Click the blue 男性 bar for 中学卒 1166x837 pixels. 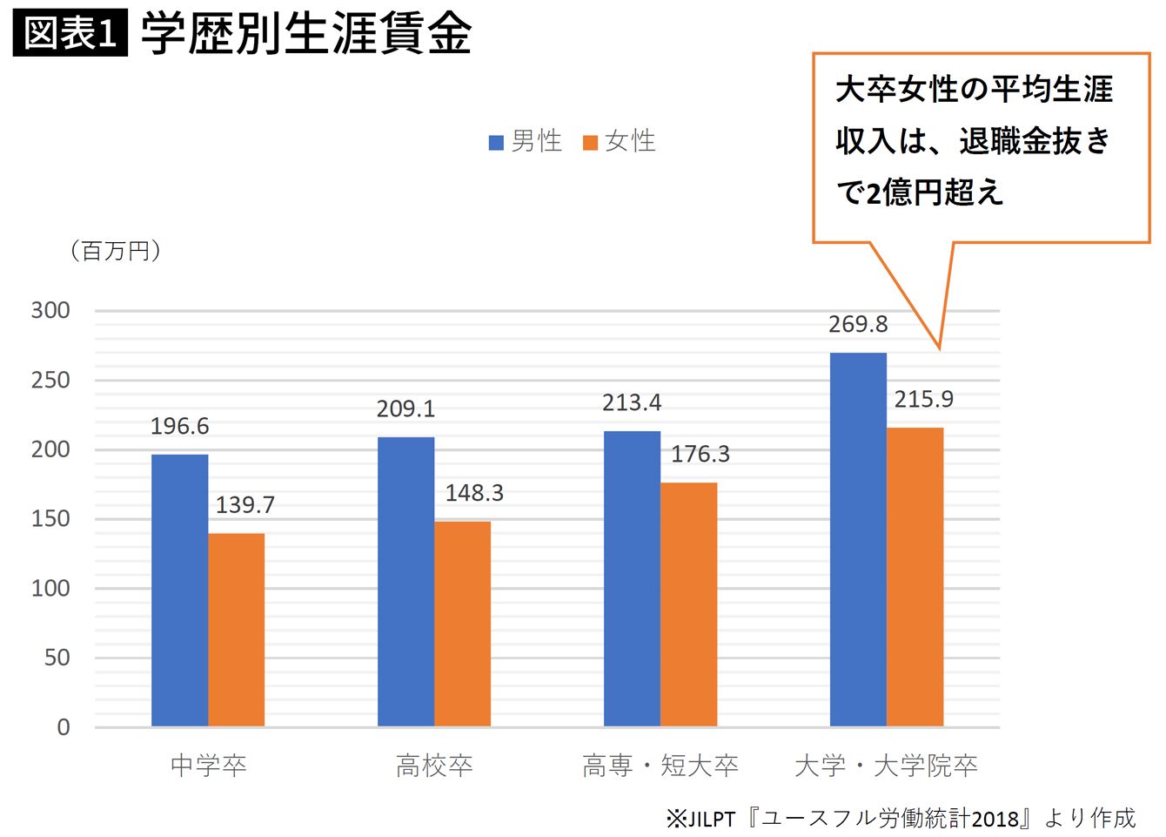click(x=179, y=590)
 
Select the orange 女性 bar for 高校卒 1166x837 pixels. click(x=462, y=624)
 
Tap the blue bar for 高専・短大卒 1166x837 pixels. click(x=632, y=578)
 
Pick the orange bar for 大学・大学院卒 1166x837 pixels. click(x=915, y=577)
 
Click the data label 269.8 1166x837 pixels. click(x=858, y=324)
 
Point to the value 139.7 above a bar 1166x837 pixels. click(x=245, y=505)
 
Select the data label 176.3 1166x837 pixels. click(x=700, y=454)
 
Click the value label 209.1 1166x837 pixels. click(x=405, y=408)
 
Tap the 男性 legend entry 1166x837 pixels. click(x=526, y=141)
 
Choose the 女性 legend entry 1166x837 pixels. click(x=620, y=141)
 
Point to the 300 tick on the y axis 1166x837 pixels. click(x=50, y=311)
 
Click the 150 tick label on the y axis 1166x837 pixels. click(x=50, y=519)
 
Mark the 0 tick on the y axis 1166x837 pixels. click(x=63, y=727)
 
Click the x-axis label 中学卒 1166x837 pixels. click(x=208, y=766)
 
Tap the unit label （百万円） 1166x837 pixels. click(x=116, y=251)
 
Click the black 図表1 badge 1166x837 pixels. click(x=70, y=34)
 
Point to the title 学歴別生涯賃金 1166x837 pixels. click(x=305, y=34)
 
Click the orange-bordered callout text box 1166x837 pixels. click(x=981, y=146)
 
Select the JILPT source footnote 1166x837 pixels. click(x=901, y=819)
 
